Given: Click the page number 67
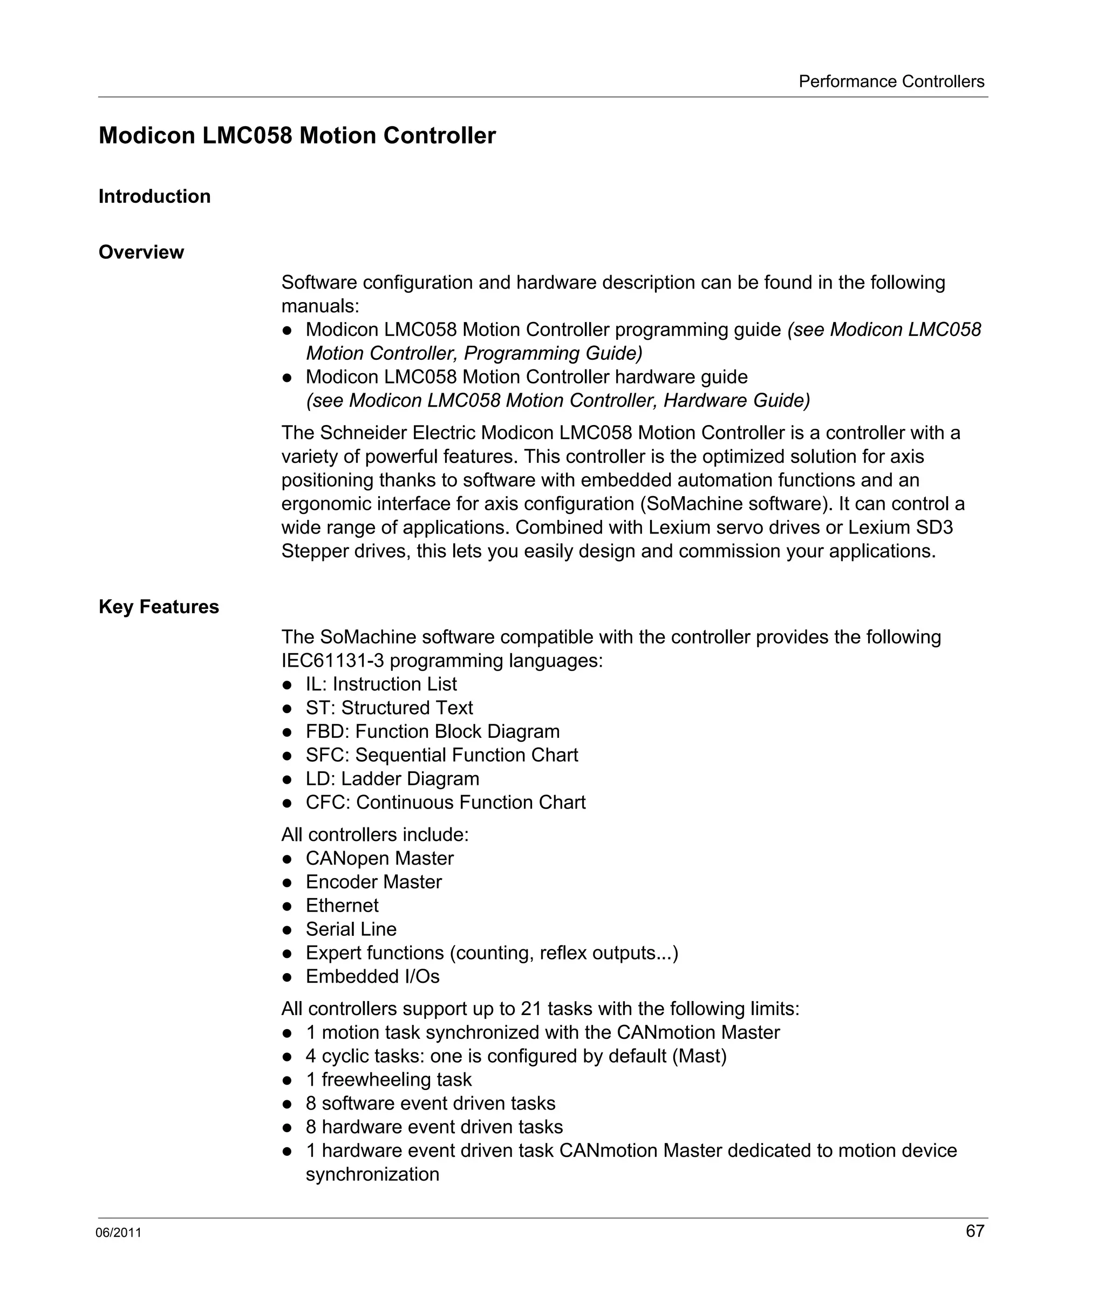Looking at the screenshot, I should tap(975, 1231).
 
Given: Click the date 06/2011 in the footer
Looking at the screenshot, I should tap(118, 1233).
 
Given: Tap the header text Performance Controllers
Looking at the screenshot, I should tap(891, 81).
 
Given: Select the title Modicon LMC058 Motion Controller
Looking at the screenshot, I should tap(297, 136).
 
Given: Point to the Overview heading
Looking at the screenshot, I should tap(141, 252).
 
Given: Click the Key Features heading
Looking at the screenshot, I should tap(159, 607).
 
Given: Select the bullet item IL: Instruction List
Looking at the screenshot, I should tap(381, 684).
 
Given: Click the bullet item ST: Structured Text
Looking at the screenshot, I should tap(389, 708).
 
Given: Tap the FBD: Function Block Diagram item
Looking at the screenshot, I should tap(432, 731).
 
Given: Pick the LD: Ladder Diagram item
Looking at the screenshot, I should tap(392, 778).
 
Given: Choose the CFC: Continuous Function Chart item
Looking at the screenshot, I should tap(445, 802).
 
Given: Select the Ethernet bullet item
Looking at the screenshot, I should tap(342, 906).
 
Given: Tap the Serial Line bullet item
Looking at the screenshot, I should tap(351, 929).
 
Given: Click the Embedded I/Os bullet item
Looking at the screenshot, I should tap(372, 976).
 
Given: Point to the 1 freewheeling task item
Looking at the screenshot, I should tap(388, 1079).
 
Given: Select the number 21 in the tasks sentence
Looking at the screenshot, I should tap(530, 1009).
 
